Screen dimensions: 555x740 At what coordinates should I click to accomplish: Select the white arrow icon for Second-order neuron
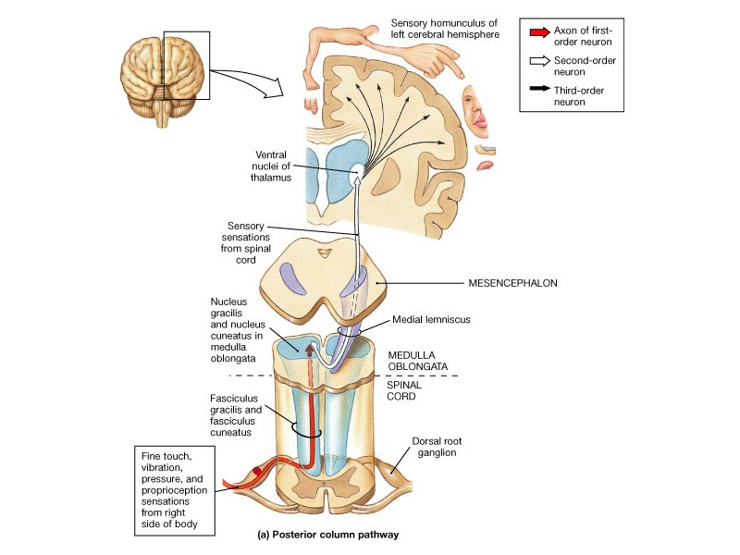(x=538, y=63)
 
